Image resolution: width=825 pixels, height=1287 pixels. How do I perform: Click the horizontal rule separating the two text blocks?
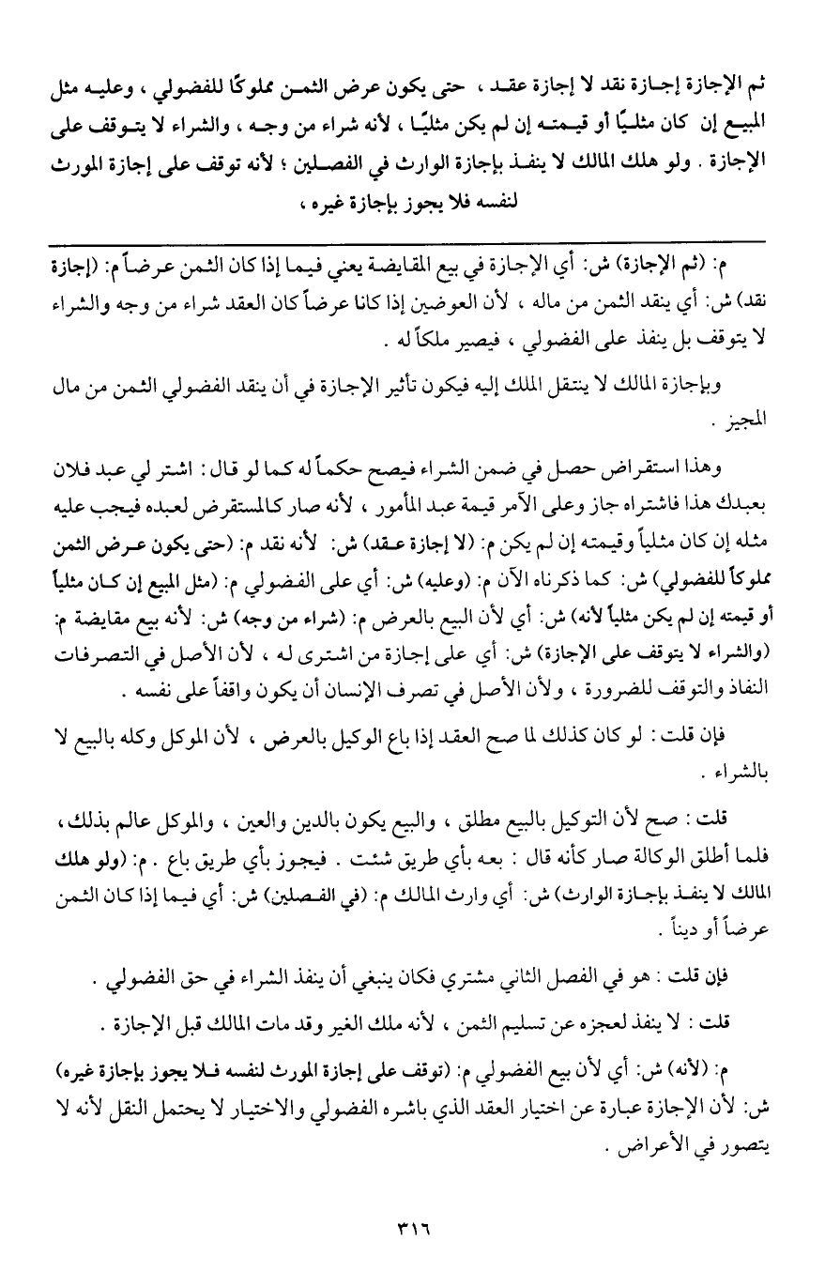(412, 242)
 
